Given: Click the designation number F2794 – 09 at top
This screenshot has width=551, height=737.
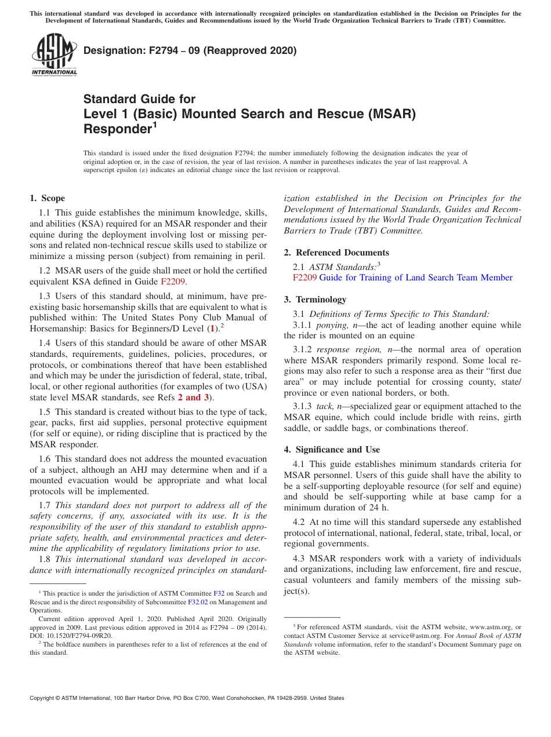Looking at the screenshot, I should [x=190, y=50].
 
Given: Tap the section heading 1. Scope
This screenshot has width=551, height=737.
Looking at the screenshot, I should [x=48, y=198].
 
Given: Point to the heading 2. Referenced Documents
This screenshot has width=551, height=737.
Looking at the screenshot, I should [x=336, y=253].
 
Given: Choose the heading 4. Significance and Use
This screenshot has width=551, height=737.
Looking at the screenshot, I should [x=332, y=450].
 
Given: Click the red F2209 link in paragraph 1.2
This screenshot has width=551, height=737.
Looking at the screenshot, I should [x=173, y=282].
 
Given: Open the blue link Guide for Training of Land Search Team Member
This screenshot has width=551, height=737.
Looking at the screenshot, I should [x=416, y=278].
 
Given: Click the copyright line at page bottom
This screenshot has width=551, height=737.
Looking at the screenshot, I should [x=187, y=698].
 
